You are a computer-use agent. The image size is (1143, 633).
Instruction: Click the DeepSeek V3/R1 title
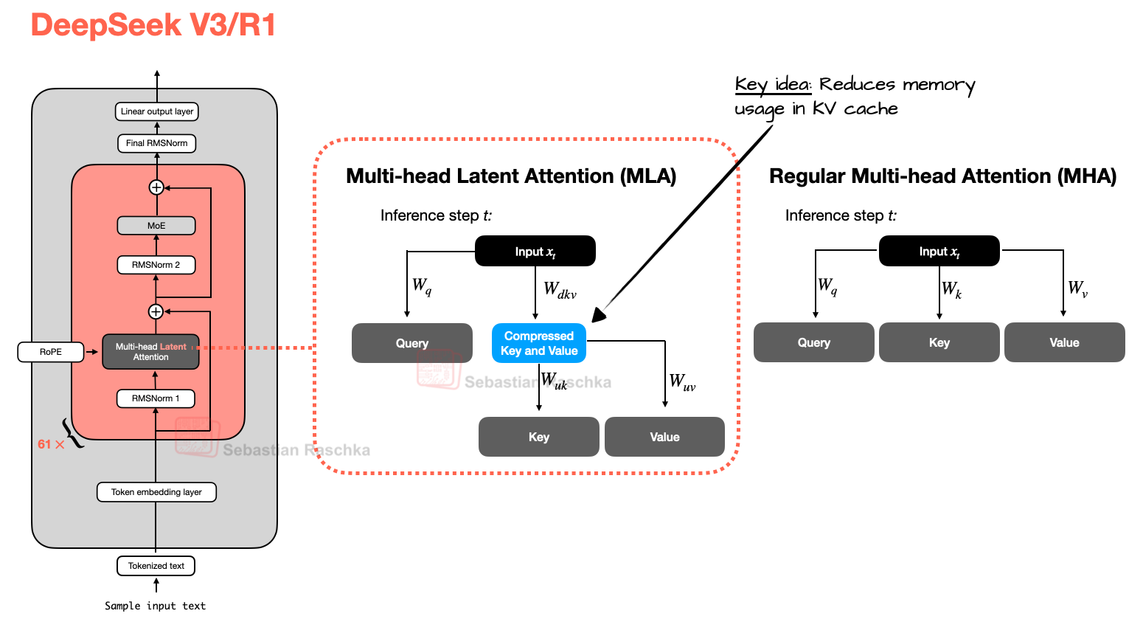(x=153, y=25)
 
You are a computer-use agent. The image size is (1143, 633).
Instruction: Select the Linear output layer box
(x=157, y=111)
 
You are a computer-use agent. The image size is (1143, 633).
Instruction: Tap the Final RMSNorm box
(x=156, y=143)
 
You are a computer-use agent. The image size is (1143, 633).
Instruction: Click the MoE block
(x=156, y=226)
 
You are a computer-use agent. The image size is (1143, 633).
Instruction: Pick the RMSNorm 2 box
(x=156, y=265)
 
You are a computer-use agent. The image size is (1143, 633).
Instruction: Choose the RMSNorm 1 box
(x=156, y=398)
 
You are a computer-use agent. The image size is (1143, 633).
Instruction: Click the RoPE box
(x=51, y=352)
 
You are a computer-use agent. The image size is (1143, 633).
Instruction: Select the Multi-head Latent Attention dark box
(x=151, y=352)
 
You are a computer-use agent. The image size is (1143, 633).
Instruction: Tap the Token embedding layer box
(x=156, y=492)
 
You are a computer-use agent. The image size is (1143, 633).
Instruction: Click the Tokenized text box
(x=156, y=566)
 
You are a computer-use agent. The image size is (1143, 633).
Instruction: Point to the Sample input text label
(x=155, y=606)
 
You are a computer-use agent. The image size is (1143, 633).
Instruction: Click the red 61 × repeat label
(x=51, y=444)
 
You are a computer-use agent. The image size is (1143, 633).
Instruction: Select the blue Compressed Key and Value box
(x=539, y=343)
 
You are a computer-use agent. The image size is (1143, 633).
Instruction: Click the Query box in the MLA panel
(x=411, y=343)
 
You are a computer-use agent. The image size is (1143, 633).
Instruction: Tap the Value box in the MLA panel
(x=664, y=437)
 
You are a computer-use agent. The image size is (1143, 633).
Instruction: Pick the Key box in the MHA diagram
(x=939, y=342)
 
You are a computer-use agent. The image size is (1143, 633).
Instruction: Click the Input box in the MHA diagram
(x=939, y=252)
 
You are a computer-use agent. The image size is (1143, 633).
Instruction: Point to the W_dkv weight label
(x=560, y=290)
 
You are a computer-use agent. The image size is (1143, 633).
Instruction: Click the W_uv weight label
(x=682, y=382)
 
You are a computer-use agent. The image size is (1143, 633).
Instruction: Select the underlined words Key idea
(x=772, y=85)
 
